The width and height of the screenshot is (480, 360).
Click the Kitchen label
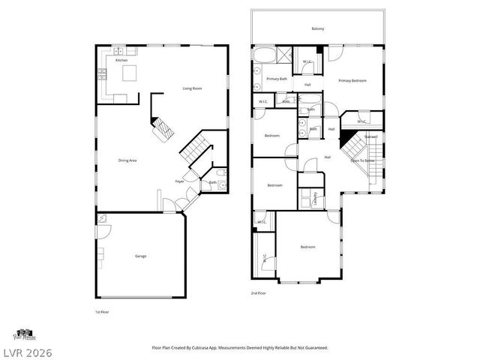point(121,60)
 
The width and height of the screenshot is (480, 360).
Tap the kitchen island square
point(129,73)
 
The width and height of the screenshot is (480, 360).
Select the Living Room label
point(193,88)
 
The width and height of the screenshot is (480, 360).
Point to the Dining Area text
point(127,160)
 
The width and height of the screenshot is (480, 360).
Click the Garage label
point(140,256)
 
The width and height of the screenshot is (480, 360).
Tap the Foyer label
point(180,181)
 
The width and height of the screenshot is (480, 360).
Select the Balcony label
point(318,28)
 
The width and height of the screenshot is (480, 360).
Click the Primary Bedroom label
point(352,80)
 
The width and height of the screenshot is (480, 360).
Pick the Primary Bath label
point(277,78)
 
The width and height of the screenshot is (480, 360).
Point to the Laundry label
point(315,199)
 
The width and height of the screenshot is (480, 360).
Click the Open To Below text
point(362,160)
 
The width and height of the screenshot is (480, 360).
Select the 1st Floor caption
point(102,310)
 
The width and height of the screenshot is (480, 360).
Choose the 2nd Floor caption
point(259,292)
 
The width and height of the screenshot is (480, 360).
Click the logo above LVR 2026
point(23,332)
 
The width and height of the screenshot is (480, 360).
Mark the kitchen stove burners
point(102,73)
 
